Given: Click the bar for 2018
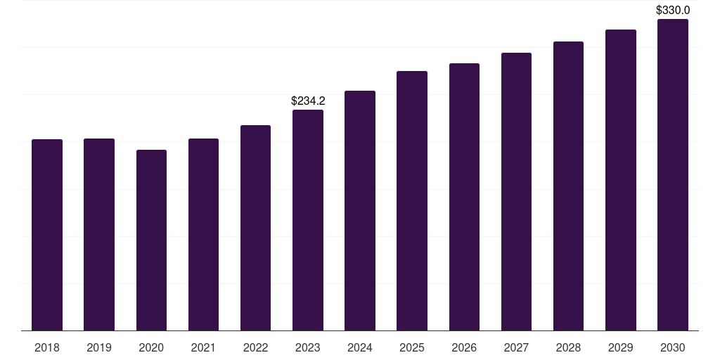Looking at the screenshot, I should pos(47,235).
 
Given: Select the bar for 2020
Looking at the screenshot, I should pos(151,240).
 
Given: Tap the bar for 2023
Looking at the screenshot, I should pos(308,220).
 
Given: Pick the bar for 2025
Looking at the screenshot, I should pos(412,200).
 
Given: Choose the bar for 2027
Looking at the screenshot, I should pos(516,191).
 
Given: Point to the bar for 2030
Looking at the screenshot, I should pos(673,174).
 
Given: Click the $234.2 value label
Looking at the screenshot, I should pos(308,101).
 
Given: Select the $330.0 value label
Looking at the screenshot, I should pos(673,11).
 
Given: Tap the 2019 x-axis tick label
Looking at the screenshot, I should pos(99,347).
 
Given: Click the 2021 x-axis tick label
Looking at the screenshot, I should pos(203,347).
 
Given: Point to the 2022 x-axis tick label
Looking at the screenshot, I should pos(256,347).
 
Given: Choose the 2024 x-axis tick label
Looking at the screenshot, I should pos(360,347).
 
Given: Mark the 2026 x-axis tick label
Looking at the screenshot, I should pos(464,347).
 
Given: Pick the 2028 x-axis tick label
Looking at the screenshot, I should pos(568,347).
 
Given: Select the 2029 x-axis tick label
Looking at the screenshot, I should pos(621,347).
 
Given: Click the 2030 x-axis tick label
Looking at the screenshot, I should pos(673,347).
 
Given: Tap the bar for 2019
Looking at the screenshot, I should pos(99,234).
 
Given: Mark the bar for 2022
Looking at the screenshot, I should pos(256,228).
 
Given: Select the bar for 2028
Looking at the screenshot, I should pos(568,186).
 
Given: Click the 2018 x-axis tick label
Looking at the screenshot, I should pos(47,347).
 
